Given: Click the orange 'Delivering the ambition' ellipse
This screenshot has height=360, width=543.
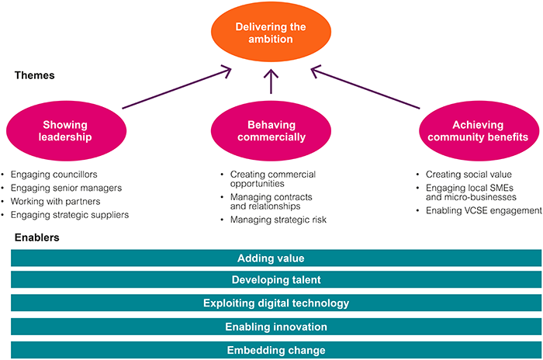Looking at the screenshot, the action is [271, 32].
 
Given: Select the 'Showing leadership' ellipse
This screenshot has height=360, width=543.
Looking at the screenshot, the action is [66, 131].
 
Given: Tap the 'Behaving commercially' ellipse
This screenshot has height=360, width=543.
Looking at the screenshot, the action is [271, 131].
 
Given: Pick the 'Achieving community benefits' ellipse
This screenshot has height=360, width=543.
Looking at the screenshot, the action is [479, 131].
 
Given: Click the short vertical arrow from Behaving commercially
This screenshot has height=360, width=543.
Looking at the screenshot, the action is [271, 81].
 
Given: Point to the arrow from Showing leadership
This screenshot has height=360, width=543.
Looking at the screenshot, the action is [177, 88].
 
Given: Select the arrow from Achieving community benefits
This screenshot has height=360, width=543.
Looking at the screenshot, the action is [365, 88].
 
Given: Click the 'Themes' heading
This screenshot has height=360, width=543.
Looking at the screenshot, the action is [35, 75].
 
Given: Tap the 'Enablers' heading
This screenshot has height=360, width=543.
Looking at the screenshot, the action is [36, 237].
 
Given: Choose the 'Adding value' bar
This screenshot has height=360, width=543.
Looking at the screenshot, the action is [276, 258].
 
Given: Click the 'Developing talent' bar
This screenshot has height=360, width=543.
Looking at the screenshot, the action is [276, 279].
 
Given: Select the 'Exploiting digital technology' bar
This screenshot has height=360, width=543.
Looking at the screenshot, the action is [276, 303].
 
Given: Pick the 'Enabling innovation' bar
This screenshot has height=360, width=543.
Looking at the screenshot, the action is [276, 327].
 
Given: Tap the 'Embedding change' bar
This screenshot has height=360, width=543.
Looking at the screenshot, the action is [276, 350].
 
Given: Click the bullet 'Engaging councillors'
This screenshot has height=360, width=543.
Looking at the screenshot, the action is [54, 175].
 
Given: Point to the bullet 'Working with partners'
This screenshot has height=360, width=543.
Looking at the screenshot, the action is [55, 201].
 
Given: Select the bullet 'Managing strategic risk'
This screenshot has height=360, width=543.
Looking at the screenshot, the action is [278, 220].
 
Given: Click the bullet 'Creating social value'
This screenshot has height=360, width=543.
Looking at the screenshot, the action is [469, 175].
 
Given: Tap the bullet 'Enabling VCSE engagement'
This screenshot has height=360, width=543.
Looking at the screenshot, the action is [484, 211].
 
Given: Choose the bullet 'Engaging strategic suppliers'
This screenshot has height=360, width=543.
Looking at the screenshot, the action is [70, 215].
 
